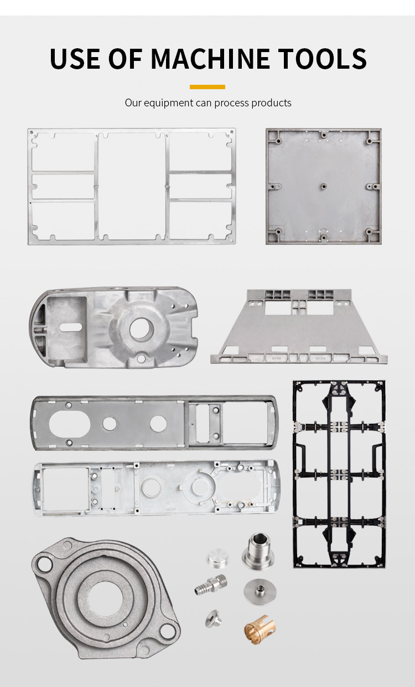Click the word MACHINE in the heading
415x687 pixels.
210,58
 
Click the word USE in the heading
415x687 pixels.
75,58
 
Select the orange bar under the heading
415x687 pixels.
207,87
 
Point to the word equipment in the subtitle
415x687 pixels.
168,103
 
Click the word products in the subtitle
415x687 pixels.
271,103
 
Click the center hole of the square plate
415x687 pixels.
324,186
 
